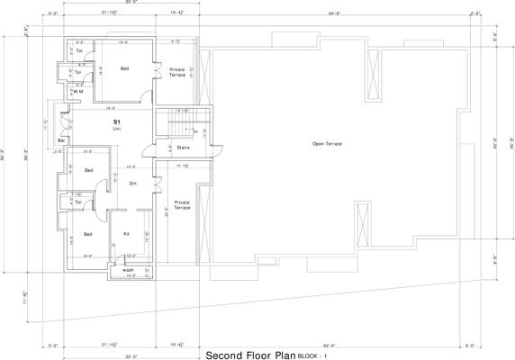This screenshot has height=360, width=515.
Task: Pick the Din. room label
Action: [x=132, y=184]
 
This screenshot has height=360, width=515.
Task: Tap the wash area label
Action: [x=129, y=269]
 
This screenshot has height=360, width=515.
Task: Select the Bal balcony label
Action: [x=61, y=141]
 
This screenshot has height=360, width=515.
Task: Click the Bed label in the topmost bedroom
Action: [x=123, y=68]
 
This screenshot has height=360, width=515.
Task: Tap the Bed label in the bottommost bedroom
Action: [x=88, y=234]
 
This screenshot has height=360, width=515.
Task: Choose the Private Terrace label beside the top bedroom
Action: [x=177, y=72]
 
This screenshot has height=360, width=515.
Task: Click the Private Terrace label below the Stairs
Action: [x=182, y=205]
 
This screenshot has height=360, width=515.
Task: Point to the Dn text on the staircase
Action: [x=194, y=131]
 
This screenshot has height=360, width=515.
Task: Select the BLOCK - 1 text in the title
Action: [x=314, y=355]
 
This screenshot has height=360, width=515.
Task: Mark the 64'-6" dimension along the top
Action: [x=334, y=13]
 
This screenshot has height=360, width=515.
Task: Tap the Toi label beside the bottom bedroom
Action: [x=78, y=202]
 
